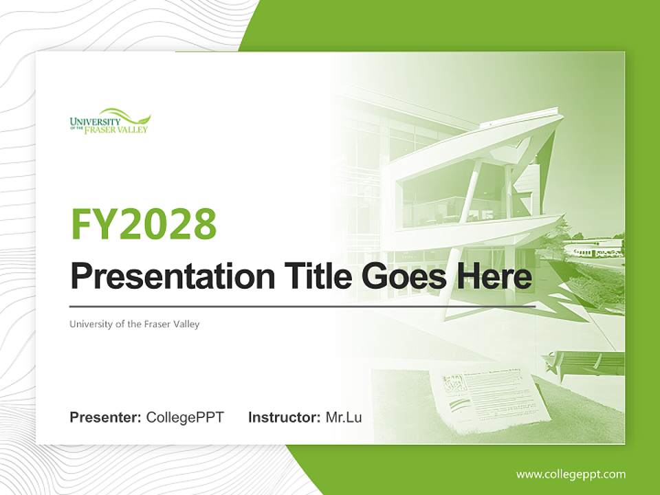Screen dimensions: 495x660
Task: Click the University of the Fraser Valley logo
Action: click(x=109, y=121)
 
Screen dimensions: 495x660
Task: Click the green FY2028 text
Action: click(x=144, y=225)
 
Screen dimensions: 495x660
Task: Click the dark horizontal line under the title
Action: click(x=302, y=306)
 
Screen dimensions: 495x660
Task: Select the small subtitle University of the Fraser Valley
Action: click(x=134, y=324)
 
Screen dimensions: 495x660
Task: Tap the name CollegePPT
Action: click(x=185, y=417)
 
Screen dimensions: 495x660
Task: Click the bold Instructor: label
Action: click(x=284, y=417)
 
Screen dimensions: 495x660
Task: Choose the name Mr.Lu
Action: click(x=343, y=417)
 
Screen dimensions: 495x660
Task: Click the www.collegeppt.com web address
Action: click(x=571, y=474)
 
